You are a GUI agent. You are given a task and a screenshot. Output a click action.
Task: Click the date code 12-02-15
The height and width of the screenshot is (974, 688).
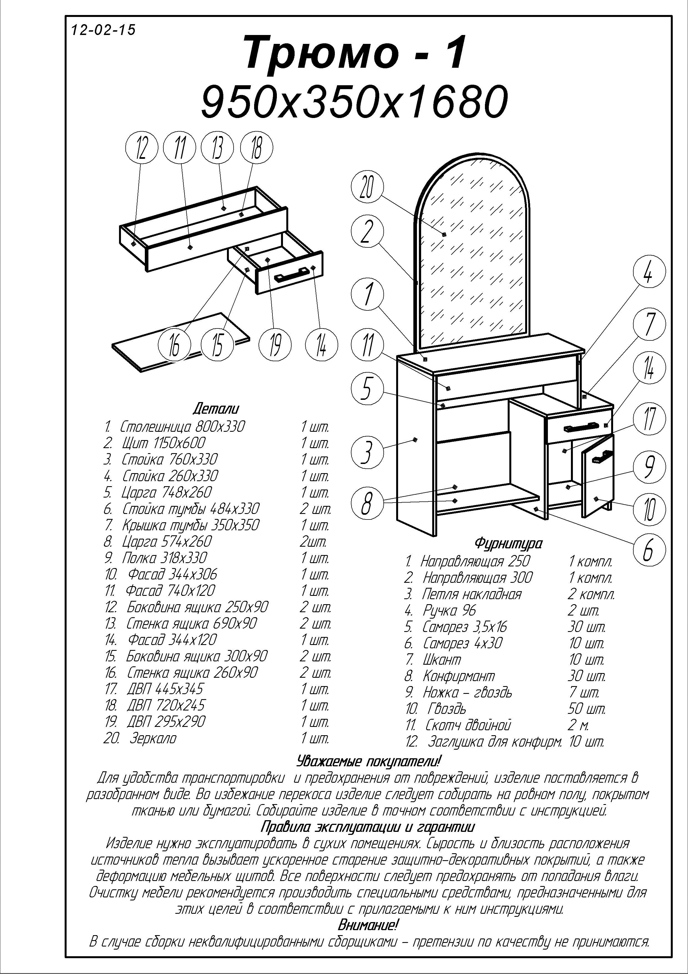103,30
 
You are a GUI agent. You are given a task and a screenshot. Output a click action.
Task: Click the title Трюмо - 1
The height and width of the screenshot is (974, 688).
355,54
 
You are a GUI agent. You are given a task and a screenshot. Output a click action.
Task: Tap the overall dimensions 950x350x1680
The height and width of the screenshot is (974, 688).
354,102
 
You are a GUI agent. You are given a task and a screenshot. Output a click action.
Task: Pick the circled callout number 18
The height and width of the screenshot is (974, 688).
256,149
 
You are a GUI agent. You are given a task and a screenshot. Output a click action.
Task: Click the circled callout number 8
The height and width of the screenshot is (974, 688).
367,503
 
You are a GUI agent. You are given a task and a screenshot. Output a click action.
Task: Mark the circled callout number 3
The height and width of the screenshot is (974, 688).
367,452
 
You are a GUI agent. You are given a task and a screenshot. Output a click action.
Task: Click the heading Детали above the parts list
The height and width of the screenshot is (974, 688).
216,408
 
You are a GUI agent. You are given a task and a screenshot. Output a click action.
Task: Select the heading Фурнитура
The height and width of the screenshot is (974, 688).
508,543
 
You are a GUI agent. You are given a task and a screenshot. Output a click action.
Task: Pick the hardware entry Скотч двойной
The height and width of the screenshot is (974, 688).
468,725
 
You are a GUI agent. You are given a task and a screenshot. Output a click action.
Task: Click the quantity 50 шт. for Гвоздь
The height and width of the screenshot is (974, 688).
587,709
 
